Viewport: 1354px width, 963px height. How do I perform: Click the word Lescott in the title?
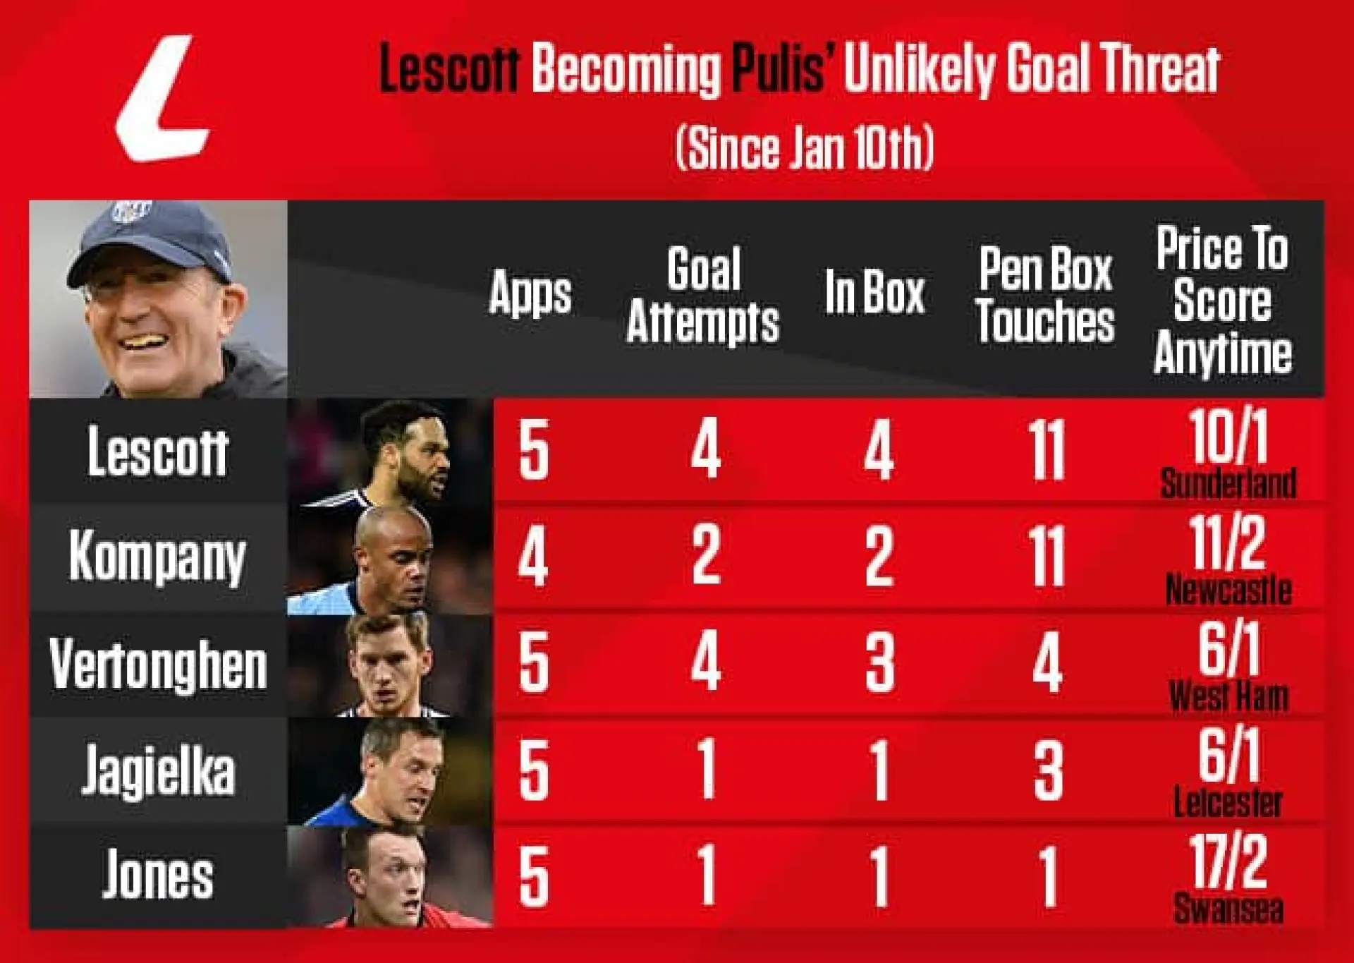click(449, 69)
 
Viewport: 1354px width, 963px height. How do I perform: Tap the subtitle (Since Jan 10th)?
click(805, 147)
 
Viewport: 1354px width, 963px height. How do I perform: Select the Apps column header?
click(530, 293)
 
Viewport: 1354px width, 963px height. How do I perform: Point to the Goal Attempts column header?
click(703, 295)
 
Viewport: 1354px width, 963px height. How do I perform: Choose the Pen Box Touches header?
click(1045, 295)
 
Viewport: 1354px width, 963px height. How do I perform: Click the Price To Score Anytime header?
click(1223, 300)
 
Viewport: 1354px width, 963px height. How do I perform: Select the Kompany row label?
click(157, 557)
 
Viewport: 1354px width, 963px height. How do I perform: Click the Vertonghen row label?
click(158, 664)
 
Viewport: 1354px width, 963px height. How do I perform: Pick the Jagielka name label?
click(158, 771)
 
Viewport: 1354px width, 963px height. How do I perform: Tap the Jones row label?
click(158, 876)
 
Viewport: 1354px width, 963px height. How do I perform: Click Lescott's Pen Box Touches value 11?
click(1047, 451)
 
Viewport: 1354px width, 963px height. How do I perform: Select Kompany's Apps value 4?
click(533, 557)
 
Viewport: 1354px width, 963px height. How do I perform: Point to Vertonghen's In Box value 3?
click(879, 663)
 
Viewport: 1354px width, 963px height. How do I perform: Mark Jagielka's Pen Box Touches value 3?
click(1048, 771)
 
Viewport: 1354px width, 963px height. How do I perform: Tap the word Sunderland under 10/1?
click(1228, 484)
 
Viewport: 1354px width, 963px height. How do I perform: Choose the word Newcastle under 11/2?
click(1228, 590)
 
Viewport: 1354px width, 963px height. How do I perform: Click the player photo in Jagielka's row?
click(390, 771)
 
